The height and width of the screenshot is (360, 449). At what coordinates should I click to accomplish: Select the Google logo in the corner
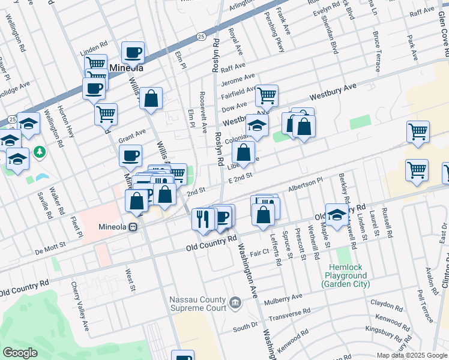pyautogui.click(x=20, y=353)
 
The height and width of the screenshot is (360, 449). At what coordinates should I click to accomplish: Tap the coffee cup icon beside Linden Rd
pyautogui.click(x=133, y=52)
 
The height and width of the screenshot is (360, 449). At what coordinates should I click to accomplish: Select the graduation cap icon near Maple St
pyautogui.click(x=337, y=214)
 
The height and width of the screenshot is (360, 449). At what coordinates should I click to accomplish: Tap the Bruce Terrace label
pyautogui.click(x=376, y=51)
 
